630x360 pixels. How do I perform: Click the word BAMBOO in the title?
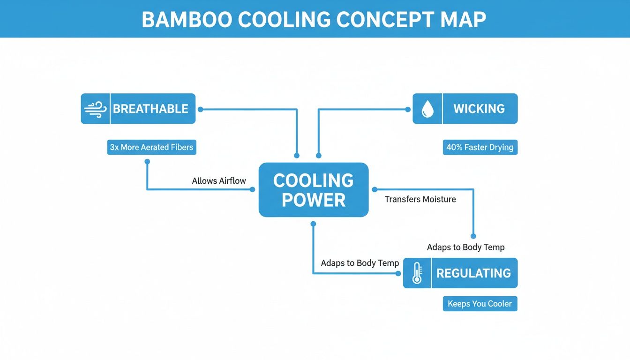(186, 19)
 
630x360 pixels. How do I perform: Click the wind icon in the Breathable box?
(96, 109)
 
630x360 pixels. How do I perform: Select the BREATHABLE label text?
(150, 109)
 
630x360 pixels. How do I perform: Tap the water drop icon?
(427, 109)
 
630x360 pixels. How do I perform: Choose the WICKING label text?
(479, 109)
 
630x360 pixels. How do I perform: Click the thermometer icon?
(417, 273)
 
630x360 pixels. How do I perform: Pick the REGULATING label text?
(473, 273)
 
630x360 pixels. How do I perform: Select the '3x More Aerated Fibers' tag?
(151, 147)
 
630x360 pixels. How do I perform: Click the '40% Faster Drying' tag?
(480, 147)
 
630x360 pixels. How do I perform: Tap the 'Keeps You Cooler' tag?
(480, 304)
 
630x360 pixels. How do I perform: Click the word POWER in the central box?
(314, 200)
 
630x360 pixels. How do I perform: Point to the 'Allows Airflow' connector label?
(219, 181)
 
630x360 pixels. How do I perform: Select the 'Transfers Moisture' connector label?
(420, 199)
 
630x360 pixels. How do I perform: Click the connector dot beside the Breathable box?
(200, 109)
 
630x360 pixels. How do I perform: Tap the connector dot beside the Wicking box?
(408, 109)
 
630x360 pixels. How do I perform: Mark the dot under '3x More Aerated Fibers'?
(147, 161)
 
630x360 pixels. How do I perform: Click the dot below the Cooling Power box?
(313, 224)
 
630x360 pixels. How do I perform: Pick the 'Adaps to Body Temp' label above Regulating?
(465, 247)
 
